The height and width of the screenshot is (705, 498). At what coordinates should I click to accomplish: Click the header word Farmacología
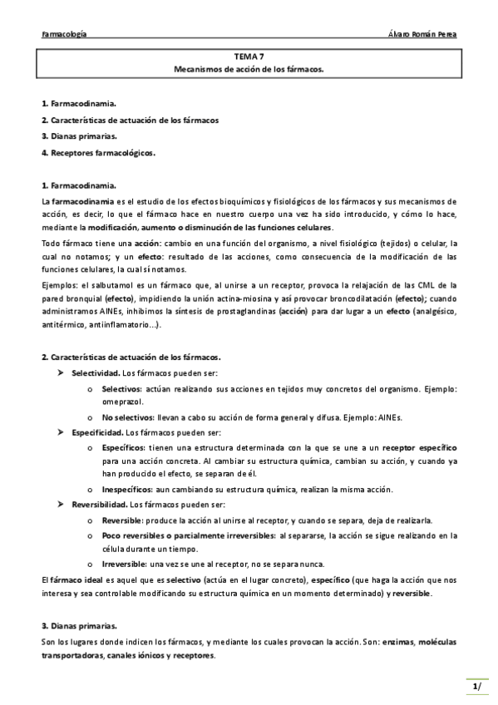coord(64,34)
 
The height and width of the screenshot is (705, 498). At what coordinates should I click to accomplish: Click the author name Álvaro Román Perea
coord(422,34)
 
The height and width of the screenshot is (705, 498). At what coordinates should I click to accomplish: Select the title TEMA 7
coord(249,57)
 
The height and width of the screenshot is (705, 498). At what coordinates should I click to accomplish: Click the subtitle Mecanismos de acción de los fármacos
coord(249,69)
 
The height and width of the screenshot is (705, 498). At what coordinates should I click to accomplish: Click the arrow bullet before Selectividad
coord(61,374)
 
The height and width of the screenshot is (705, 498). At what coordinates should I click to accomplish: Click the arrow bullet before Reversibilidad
coord(61,505)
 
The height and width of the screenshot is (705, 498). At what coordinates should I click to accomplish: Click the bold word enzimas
coord(387,642)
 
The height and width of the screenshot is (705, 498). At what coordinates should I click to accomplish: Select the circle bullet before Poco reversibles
coord(89,536)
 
